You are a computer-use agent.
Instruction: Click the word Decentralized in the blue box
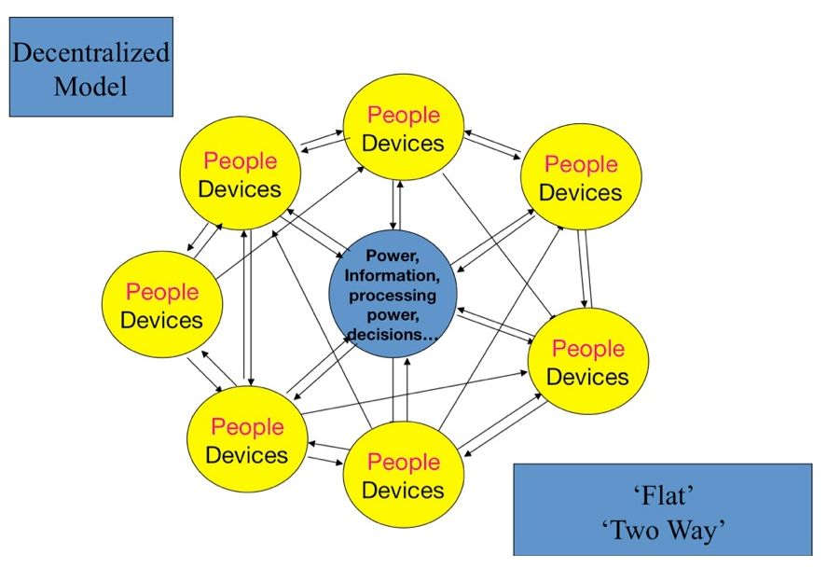90,52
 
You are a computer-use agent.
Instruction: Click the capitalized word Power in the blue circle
392,255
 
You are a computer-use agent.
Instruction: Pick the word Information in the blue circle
392,275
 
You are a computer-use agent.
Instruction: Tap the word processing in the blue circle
392,296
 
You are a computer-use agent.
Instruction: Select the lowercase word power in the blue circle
392,315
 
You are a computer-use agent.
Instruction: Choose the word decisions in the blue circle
392,334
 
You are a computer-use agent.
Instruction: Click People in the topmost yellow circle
403,116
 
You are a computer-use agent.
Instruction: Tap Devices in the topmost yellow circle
403,144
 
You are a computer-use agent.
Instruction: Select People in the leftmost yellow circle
162,292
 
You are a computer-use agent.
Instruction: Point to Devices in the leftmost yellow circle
162,320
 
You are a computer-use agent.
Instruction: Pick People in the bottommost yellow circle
403,463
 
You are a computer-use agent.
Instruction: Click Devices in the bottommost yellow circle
403,490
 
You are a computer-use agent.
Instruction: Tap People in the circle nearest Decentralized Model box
240,161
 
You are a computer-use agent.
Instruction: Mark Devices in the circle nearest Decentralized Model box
240,189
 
